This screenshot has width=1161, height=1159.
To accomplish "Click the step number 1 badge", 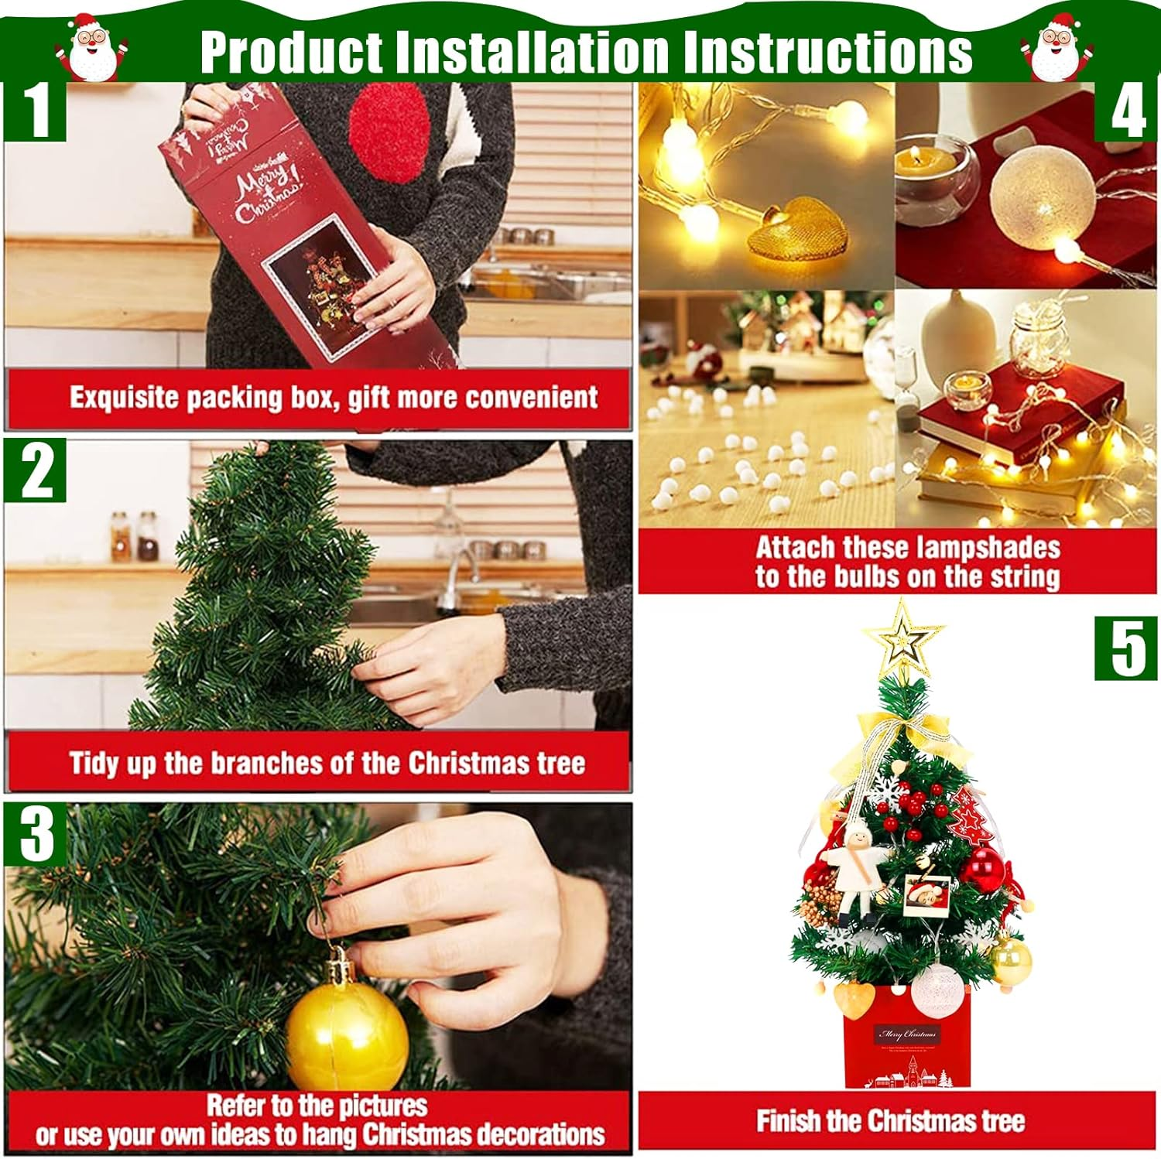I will coord(35,111).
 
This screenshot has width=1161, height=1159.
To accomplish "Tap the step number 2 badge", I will coord(35,471).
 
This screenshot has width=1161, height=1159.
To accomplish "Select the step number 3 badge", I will coord(35,834).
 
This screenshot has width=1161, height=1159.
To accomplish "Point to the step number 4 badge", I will coord(1126,113).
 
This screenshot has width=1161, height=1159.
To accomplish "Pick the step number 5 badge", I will coord(1126,649).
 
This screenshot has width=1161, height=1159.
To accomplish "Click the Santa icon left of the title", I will coord(91,46).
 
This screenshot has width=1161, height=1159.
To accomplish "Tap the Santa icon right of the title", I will coord(1057,46).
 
